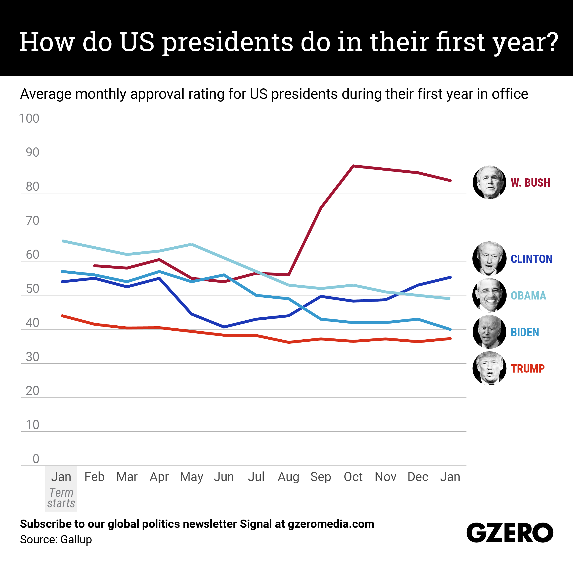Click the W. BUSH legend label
click(530, 183)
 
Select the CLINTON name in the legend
click(532, 259)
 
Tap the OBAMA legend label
click(528, 296)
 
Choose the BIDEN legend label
click(525, 332)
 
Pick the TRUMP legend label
click(528, 369)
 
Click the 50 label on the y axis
click(33, 289)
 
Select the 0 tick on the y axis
click(36, 459)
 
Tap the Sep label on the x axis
click(321, 477)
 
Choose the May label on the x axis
click(192, 477)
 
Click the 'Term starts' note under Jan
click(61, 498)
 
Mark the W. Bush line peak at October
click(353, 166)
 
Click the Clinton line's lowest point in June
click(224, 327)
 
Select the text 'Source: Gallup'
click(56, 539)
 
